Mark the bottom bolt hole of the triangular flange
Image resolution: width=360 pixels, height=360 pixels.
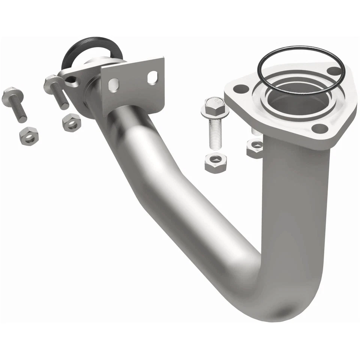click(x=319, y=129)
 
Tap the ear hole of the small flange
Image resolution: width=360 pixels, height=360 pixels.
click(x=71, y=79)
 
